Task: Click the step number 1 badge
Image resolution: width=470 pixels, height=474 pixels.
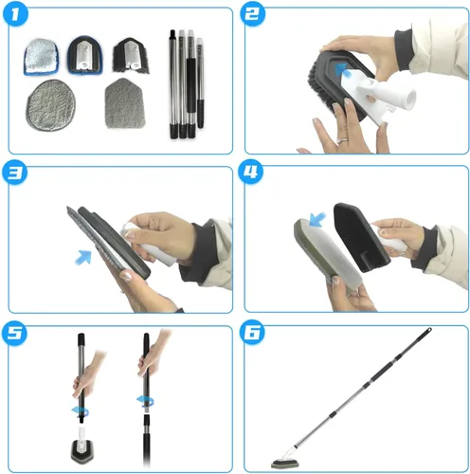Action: coord(15,15)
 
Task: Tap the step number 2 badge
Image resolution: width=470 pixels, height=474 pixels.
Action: coord(252,14)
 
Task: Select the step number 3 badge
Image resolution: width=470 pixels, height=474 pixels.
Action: coord(14,173)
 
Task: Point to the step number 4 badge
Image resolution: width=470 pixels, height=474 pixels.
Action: coord(250,173)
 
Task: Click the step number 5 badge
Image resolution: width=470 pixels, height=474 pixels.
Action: coord(14,334)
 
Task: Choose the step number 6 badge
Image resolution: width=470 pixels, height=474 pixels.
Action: coord(252,332)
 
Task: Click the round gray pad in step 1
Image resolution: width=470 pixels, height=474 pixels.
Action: coord(50,105)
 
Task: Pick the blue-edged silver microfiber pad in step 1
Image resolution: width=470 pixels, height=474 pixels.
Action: coord(41,57)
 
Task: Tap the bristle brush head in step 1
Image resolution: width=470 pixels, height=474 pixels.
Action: coord(131,56)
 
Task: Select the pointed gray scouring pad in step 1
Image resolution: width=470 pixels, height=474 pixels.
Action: coord(125,103)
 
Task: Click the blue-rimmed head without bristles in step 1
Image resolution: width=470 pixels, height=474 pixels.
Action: coord(83,55)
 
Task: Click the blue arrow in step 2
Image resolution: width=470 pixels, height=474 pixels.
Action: coord(343,70)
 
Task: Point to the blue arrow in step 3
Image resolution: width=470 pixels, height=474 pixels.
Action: coord(83,257)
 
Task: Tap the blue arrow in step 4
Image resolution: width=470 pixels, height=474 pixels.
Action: coord(317,219)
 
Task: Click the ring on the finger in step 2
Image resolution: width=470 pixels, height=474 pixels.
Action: coord(343,139)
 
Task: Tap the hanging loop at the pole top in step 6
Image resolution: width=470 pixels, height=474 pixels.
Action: coord(428,331)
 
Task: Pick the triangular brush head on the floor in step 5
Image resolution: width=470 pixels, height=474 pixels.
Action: coord(82,448)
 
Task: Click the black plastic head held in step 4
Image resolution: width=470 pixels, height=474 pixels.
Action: coord(360,237)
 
